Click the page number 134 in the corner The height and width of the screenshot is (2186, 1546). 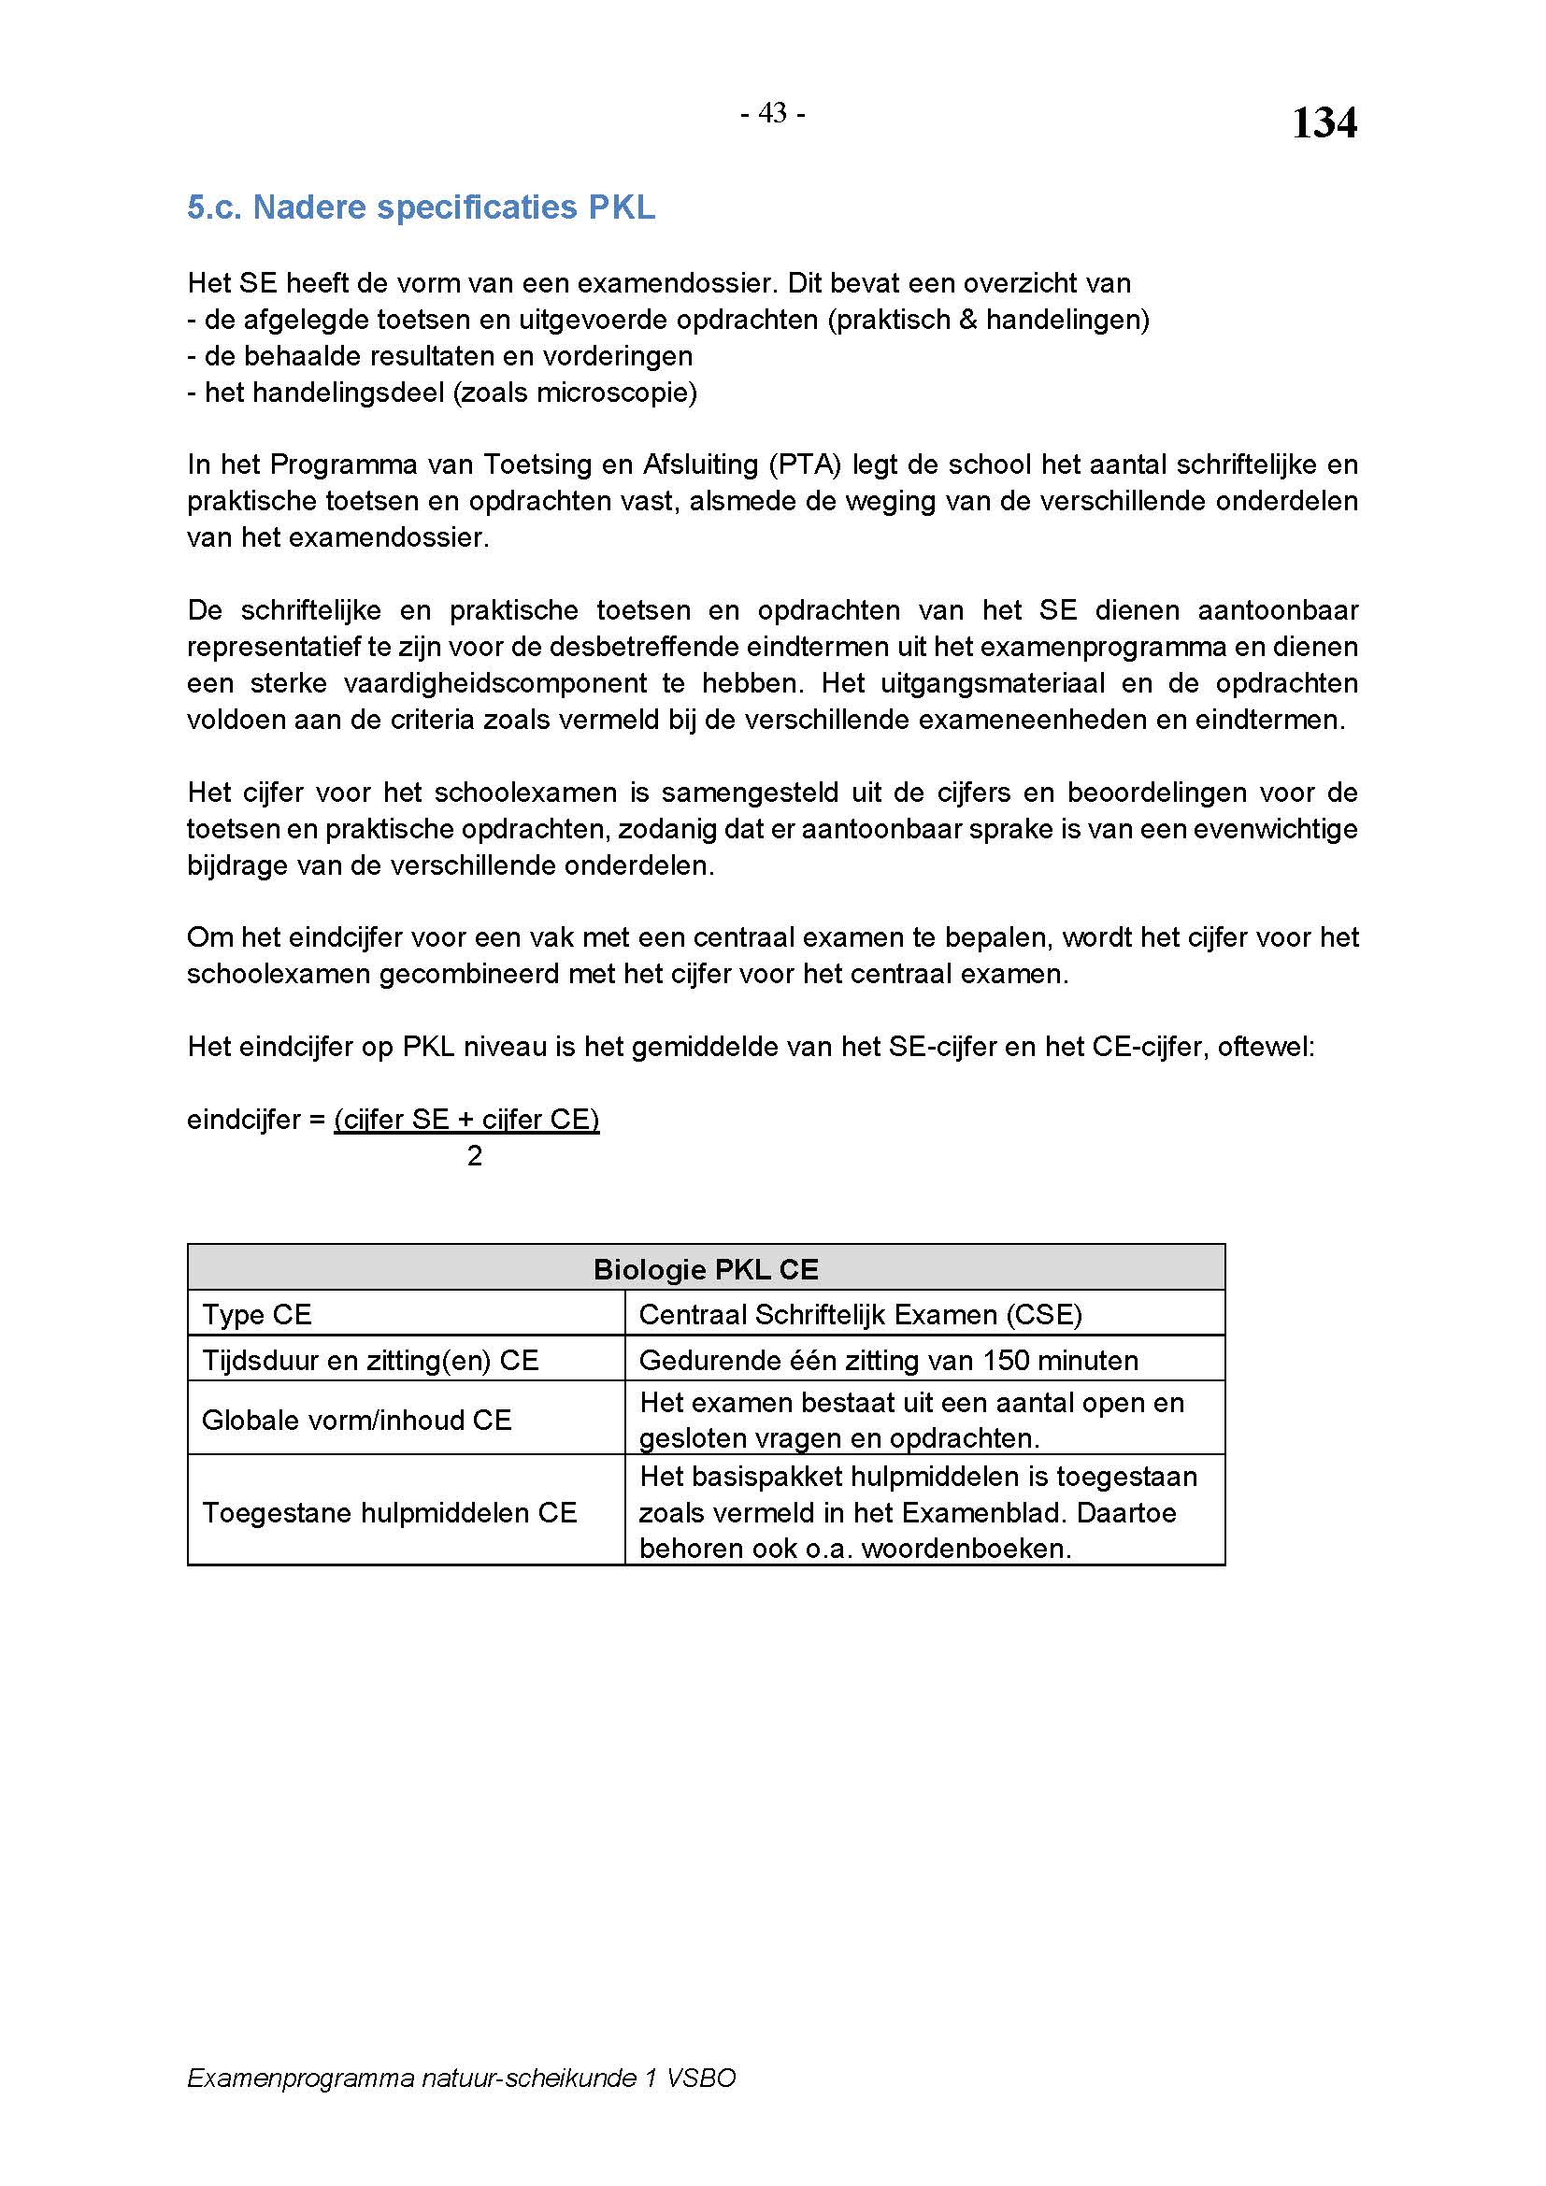1324,123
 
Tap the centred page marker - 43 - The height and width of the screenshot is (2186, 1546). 772,113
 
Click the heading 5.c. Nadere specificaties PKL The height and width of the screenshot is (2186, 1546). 421,207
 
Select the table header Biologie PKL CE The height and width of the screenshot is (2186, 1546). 706,1269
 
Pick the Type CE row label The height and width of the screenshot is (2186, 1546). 256,1315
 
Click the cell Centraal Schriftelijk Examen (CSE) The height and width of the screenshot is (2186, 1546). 860,1315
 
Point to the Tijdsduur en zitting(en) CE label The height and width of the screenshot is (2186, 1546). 369,1361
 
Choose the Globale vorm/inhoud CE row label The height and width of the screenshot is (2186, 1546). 356,1420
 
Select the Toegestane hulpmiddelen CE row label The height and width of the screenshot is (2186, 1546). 389,1513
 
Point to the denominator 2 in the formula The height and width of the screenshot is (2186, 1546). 474,1156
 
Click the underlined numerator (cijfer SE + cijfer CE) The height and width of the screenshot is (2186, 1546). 466,1120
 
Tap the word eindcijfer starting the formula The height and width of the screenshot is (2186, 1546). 243,1120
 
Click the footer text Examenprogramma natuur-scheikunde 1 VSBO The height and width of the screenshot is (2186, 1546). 461,2078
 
